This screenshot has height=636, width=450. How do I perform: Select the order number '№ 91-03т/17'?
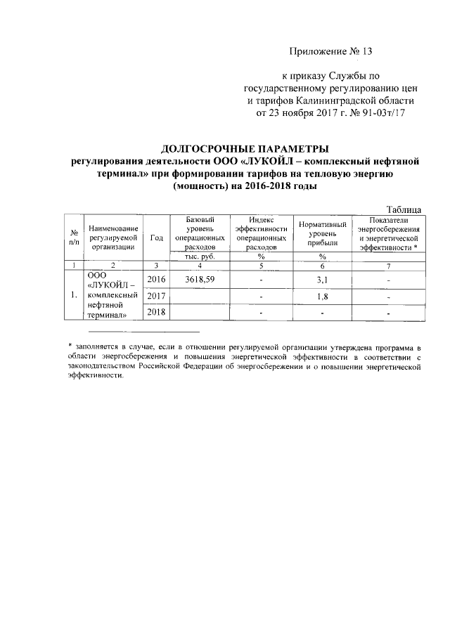(x=382, y=112)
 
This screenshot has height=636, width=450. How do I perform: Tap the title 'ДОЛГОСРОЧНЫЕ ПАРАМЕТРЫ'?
(x=245, y=149)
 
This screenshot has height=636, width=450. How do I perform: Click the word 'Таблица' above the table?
(x=404, y=209)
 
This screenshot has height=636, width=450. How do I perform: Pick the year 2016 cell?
(x=156, y=280)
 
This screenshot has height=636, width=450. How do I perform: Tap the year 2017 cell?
(x=156, y=296)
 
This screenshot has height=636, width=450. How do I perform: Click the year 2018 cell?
(x=156, y=312)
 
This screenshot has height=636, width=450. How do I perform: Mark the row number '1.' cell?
(x=73, y=295)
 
